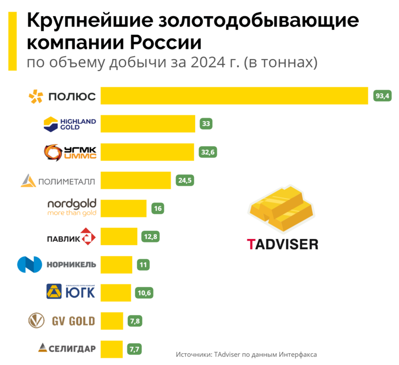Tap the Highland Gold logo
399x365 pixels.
pos(69,124)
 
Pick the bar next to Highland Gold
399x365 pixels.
pos(148,124)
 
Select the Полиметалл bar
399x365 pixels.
pos(135,180)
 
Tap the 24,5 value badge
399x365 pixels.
pos(185,180)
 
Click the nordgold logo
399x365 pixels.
pos(72,208)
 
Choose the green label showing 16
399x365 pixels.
pos(158,208)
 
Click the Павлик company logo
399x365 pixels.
pos(71,236)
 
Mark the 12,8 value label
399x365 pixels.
pos(151,236)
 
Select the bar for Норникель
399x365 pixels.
pos(116,264)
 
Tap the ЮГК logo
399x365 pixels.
pos(71,292)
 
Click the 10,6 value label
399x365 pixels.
pos(144,292)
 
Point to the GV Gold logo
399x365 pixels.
pos(62,321)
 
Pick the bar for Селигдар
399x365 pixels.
pos(112,349)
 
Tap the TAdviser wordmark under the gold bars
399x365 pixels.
pos(282,244)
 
